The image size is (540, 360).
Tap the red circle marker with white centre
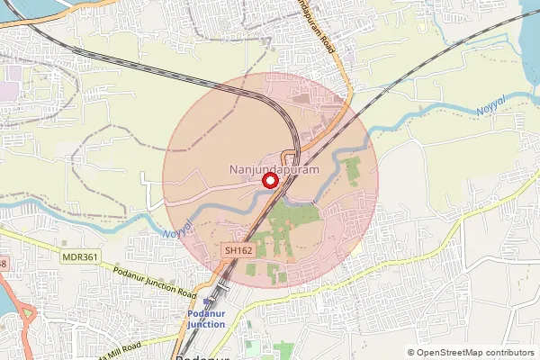[268, 181]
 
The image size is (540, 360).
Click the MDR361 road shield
[80, 256]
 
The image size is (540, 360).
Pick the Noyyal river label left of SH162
[176, 232]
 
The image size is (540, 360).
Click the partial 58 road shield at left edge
[3, 264]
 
